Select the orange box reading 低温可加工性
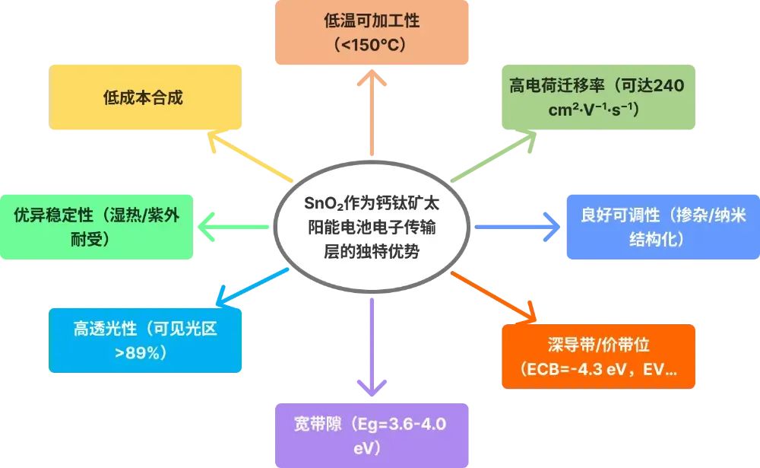tap(372, 33)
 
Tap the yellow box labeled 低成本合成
tap(145, 97)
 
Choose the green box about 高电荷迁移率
tap(599, 97)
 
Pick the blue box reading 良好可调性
tap(663, 227)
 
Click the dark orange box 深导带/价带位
tap(599, 356)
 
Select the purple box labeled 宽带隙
tap(372, 435)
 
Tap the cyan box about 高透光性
tap(145, 340)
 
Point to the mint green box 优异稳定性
tap(97, 227)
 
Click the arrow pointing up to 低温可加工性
tap(372, 113)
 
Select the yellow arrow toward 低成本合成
tap(249, 156)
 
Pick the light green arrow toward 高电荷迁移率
tap(493, 156)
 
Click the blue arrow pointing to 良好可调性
tap(518, 227)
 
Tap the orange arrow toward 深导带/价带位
tap(493, 297)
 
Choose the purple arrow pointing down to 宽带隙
tap(372, 348)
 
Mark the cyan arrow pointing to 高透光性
tap(252, 288)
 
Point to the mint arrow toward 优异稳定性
tap(233, 227)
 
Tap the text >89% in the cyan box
tap(137, 352)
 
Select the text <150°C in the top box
tap(372, 45)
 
